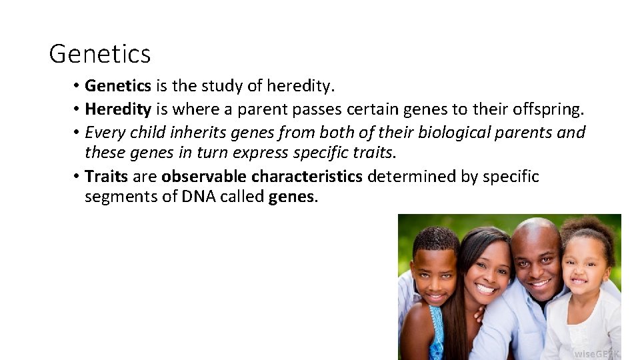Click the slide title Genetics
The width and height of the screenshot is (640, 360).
(100, 54)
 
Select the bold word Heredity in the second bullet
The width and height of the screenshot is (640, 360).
(118, 109)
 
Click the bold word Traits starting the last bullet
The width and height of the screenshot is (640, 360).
(106, 177)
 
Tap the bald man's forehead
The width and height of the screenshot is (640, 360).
(535, 243)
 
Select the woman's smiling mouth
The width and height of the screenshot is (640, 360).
(486, 289)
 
